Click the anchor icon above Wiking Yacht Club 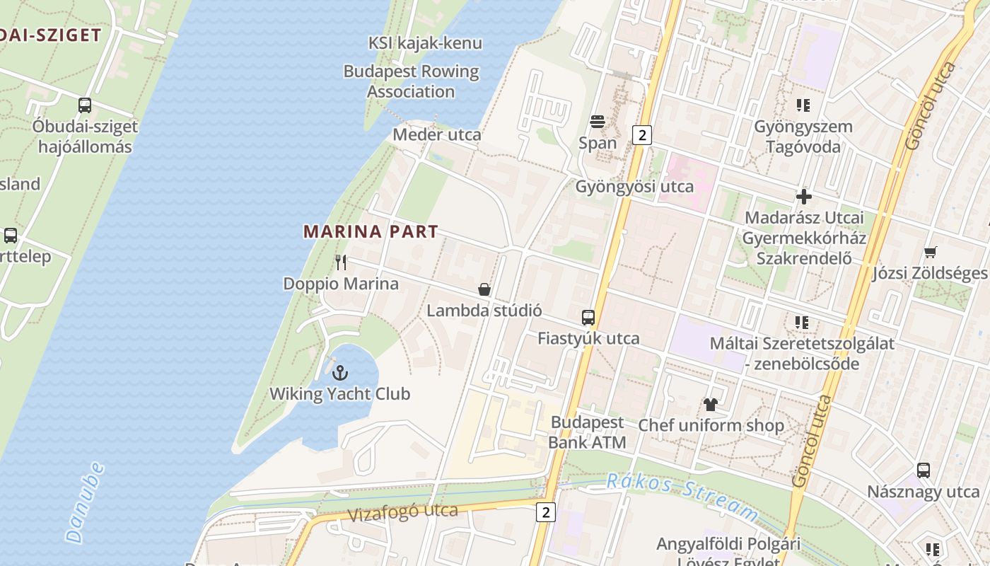pos(340,372)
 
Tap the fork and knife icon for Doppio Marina pos(341,262)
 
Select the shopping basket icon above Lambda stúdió pos(484,289)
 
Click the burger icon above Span pos(598,122)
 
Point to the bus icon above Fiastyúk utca pos(588,318)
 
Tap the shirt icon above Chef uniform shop pos(711,405)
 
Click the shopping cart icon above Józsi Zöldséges pos(930,252)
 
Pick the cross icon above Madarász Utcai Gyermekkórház pos(803,197)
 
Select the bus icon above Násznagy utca pos(924,470)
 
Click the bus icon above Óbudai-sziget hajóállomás pos(85,105)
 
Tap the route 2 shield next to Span pos(641,135)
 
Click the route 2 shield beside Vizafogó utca pos(545,512)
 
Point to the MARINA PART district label pos(371,231)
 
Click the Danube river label pos(85,502)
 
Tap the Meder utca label pos(436,134)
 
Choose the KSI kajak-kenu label pos(425,43)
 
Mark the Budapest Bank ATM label pos(587,432)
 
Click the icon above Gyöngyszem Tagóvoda pos(803,105)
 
